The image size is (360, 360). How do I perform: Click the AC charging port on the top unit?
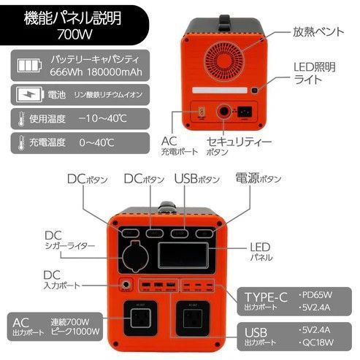(x=201, y=112)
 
